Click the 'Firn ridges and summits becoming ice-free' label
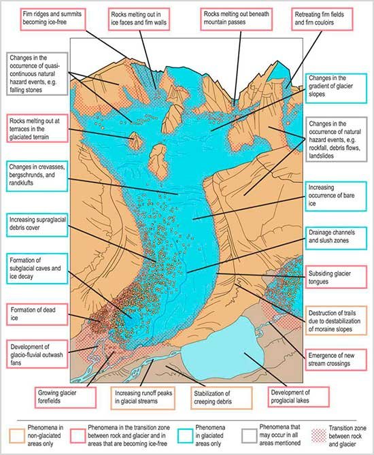pos(53,19)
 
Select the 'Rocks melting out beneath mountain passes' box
pos(236,19)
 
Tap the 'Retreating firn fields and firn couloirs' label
pos(322,19)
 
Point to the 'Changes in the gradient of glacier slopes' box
pos(336,88)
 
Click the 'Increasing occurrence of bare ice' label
pos(336,196)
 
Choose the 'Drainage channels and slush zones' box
pos(336,238)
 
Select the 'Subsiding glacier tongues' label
pos(336,277)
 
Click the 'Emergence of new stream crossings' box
pos(336,360)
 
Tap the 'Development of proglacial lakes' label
pos(299,397)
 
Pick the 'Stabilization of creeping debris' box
pos(222,398)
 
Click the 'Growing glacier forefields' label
pos(65,397)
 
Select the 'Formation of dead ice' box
pos(37,314)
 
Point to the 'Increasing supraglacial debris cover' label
pos(37,224)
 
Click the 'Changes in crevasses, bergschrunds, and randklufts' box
pos(37,176)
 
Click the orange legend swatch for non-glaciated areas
pos(17,436)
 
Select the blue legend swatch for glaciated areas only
pos(185,436)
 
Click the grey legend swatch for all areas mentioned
pos(249,436)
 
